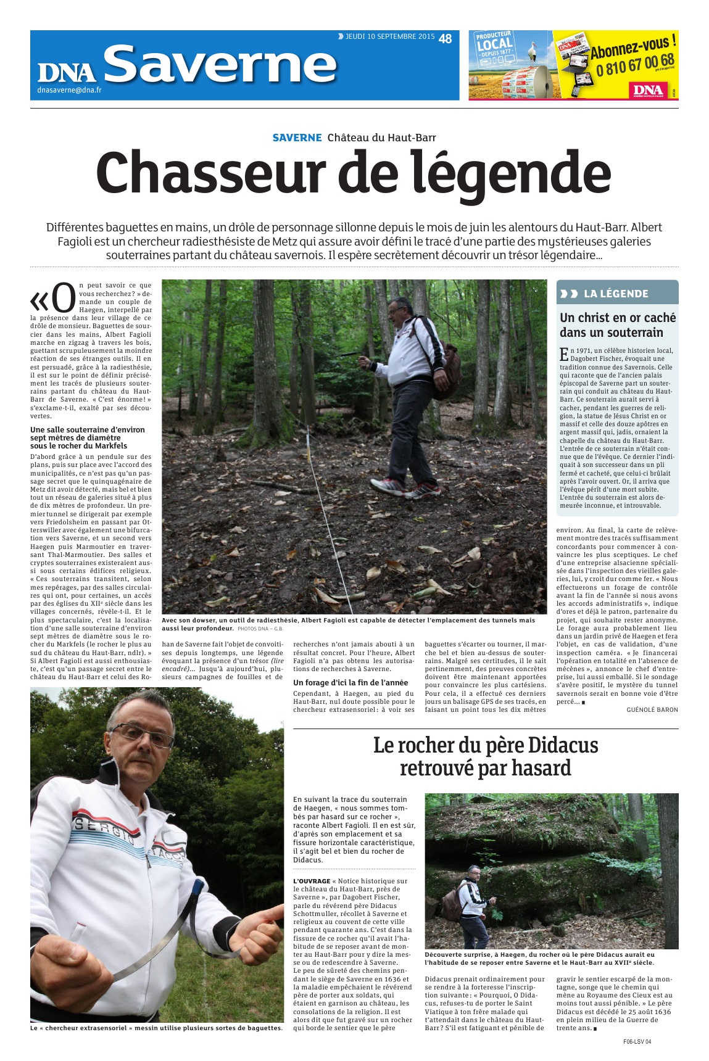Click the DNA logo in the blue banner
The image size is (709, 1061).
click(67, 72)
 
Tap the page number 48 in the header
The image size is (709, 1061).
click(445, 39)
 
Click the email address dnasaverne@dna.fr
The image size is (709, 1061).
click(69, 91)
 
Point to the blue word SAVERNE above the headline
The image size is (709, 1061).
click(297, 138)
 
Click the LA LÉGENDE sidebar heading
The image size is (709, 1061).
click(615, 294)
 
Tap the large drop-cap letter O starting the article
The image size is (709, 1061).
click(62, 298)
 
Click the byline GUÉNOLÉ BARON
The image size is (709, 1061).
click(652, 709)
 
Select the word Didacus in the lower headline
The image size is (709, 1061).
click(558, 745)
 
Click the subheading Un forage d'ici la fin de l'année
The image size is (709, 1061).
click(350, 682)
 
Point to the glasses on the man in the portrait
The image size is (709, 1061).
click(143, 735)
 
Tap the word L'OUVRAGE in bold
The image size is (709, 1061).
click(312, 881)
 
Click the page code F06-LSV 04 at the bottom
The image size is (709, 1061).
click(637, 1042)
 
